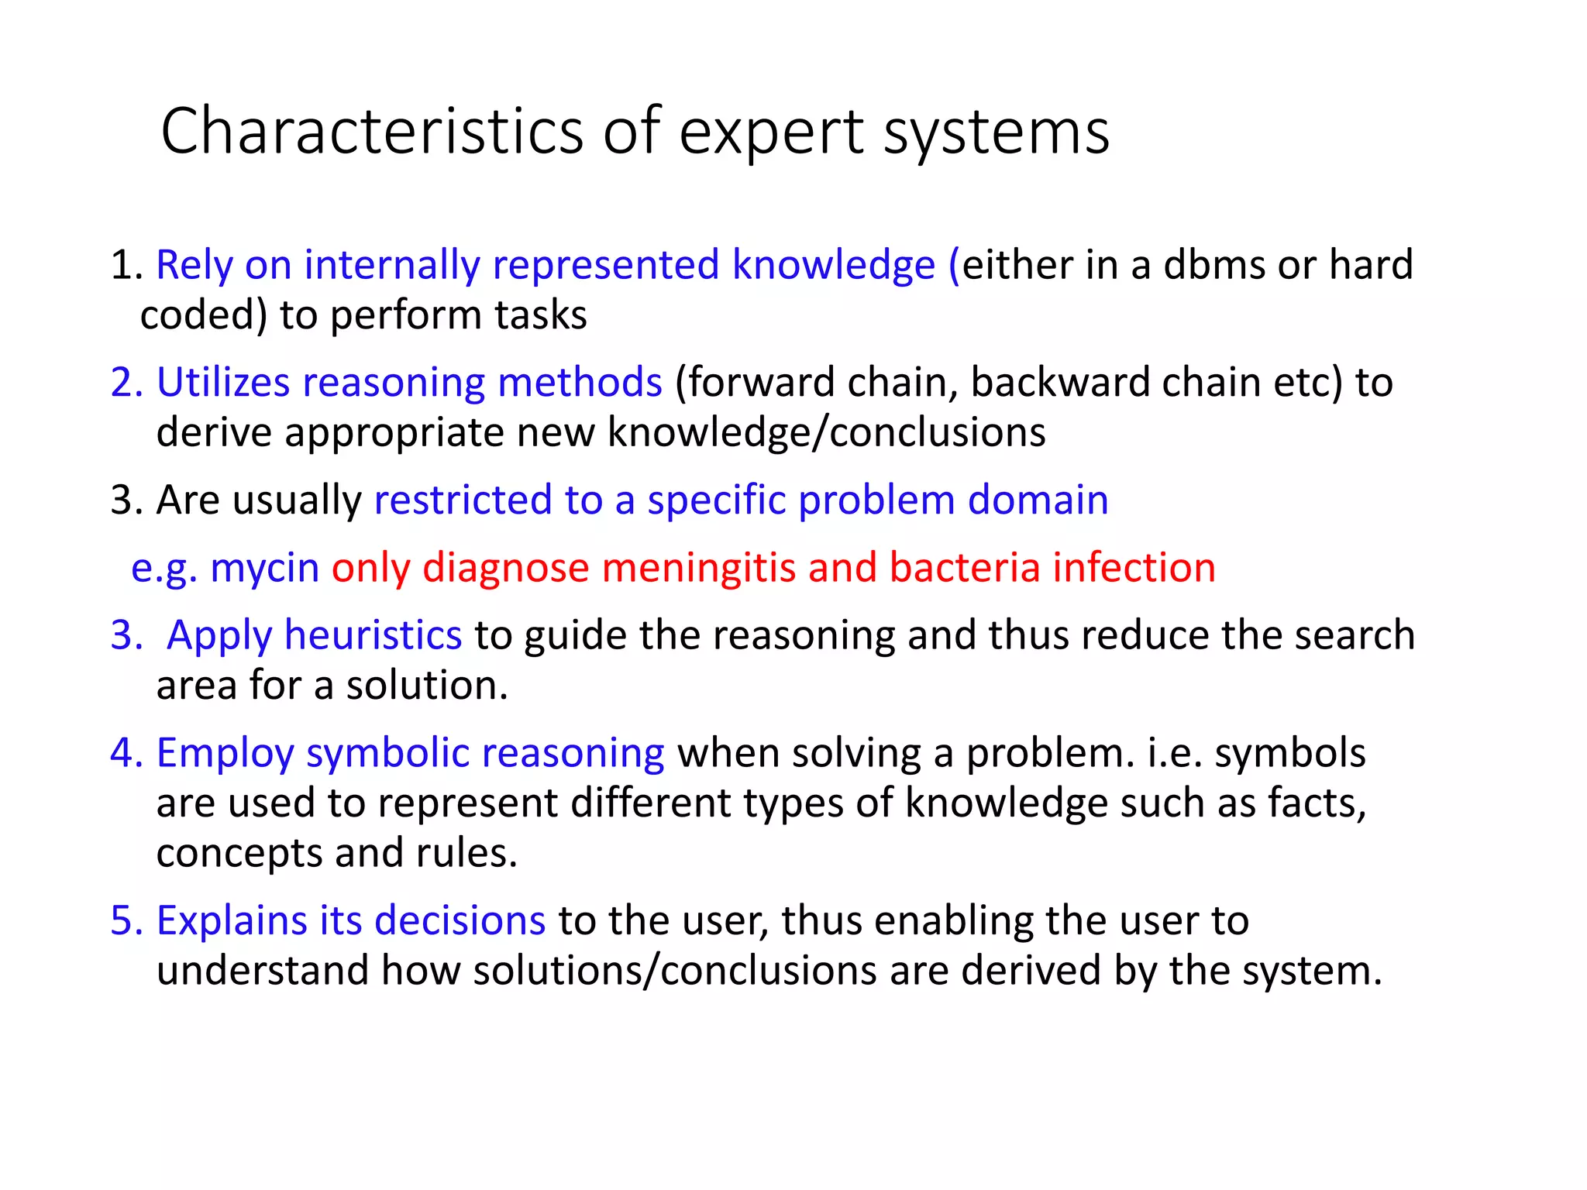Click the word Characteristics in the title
pos(371,132)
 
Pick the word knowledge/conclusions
pos(826,432)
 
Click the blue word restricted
pos(462,500)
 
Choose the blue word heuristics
pos(373,636)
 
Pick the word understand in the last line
pos(262,971)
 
